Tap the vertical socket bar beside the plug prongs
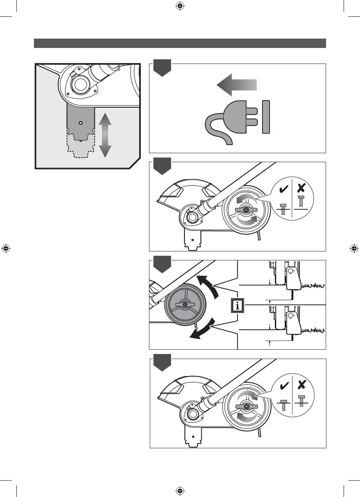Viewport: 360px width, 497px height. [266, 117]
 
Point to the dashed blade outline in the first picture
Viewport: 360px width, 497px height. [81, 150]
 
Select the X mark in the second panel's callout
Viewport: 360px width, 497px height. [301, 188]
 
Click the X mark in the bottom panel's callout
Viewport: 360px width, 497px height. [301, 385]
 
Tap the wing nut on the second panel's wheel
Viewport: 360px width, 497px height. [246, 210]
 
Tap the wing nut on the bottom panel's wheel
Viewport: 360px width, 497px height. [246, 407]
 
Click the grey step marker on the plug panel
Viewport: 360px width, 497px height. [162, 69]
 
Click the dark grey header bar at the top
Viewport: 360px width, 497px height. [180, 43]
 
